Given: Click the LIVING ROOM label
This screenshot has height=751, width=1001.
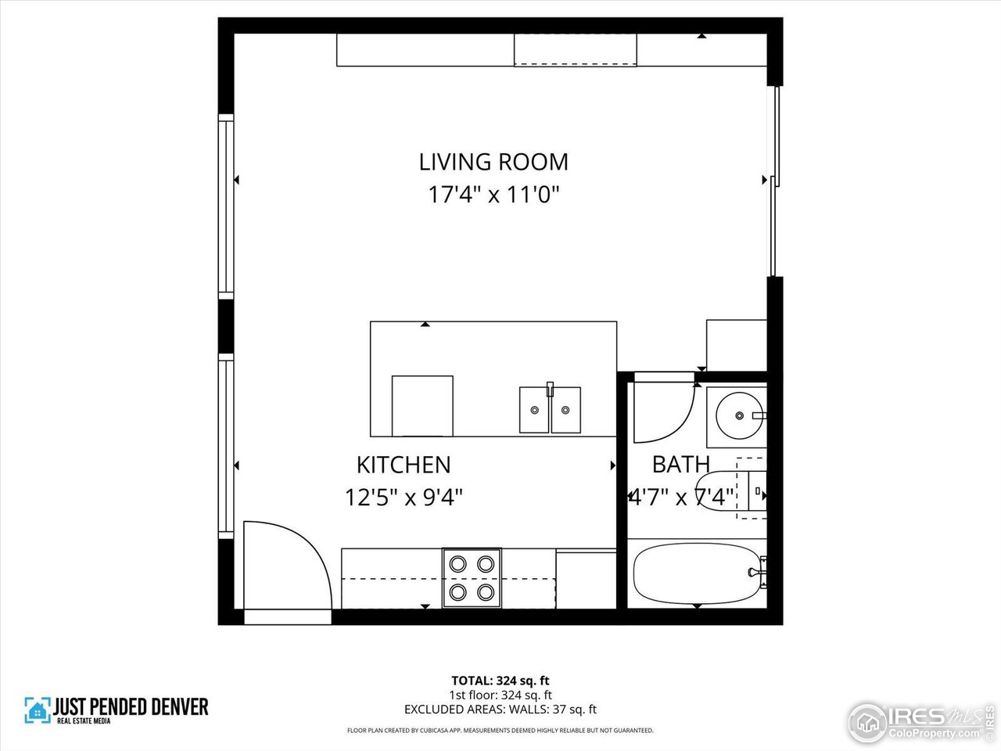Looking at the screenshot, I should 493,162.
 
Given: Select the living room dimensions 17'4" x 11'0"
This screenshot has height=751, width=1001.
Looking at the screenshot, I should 493,194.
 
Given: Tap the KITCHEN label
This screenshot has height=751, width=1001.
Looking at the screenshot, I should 404,465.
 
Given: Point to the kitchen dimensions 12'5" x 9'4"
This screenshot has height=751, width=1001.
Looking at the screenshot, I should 404,497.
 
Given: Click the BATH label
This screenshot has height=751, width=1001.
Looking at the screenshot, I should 680,465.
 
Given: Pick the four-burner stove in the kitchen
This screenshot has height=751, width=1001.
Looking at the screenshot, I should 472,577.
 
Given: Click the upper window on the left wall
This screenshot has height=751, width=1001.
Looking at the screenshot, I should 226,207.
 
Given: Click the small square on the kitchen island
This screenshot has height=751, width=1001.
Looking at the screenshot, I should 422,405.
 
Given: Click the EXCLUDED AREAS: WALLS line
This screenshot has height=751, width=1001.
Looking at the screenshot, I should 500,710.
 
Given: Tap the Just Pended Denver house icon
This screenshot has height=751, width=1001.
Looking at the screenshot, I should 37,710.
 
